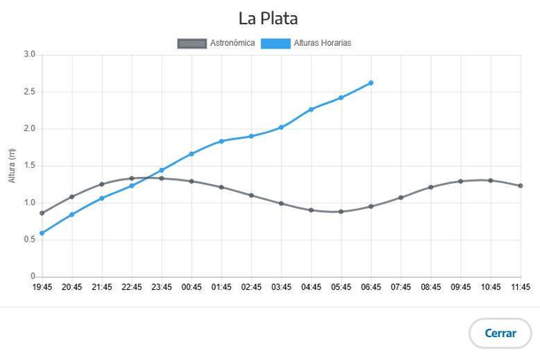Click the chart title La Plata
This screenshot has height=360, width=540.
[x=269, y=18]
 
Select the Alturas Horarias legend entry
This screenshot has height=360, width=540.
[x=312, y=42]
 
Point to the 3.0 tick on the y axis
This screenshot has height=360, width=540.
[x=29, y=55]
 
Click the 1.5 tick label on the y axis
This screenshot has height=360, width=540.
[x=29, y=165]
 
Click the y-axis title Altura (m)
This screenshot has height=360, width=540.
[x=12, y=165]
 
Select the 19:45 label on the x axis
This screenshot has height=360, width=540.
[x=42, y=287]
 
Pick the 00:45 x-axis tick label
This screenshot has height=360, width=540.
[x=191, y=287]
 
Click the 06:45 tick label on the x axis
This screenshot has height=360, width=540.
[x=371, y=287]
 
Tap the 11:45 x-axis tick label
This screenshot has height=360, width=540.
[x=521, y=287]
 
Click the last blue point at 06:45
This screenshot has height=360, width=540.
[x=371, y=83]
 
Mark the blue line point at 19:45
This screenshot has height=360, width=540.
[x=42, y=234]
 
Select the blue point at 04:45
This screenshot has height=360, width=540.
[x=311, y=110]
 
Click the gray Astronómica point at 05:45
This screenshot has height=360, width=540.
[x=341, y=211]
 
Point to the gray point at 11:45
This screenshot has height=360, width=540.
[x=521, y=186]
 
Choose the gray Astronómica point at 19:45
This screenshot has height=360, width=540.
[x=42, y=213]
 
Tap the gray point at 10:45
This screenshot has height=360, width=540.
[x=490, y=180]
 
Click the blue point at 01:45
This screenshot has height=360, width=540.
[x=221, y=142]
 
